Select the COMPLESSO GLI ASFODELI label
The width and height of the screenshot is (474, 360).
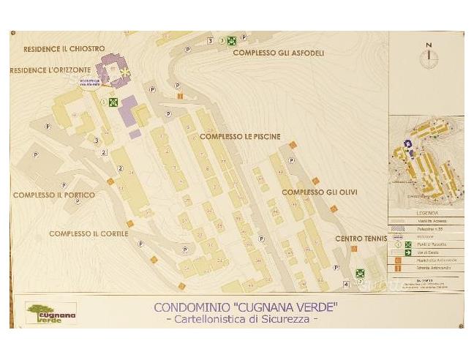[x=278, y=53]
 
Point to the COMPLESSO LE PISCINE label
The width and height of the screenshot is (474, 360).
[x=236, y=136]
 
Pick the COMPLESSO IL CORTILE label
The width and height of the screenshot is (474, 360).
[x=89, y=234]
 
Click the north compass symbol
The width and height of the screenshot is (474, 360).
[x=429, y=54]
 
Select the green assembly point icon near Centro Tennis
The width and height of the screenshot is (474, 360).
[x=360, y=274]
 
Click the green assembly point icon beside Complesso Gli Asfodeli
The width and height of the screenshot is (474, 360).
[x=231, y=41]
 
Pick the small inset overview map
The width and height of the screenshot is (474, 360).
[x=426, y=159]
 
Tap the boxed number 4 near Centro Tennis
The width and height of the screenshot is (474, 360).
[x=346, y=284]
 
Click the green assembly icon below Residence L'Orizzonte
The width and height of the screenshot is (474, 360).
[x=113, y=102]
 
